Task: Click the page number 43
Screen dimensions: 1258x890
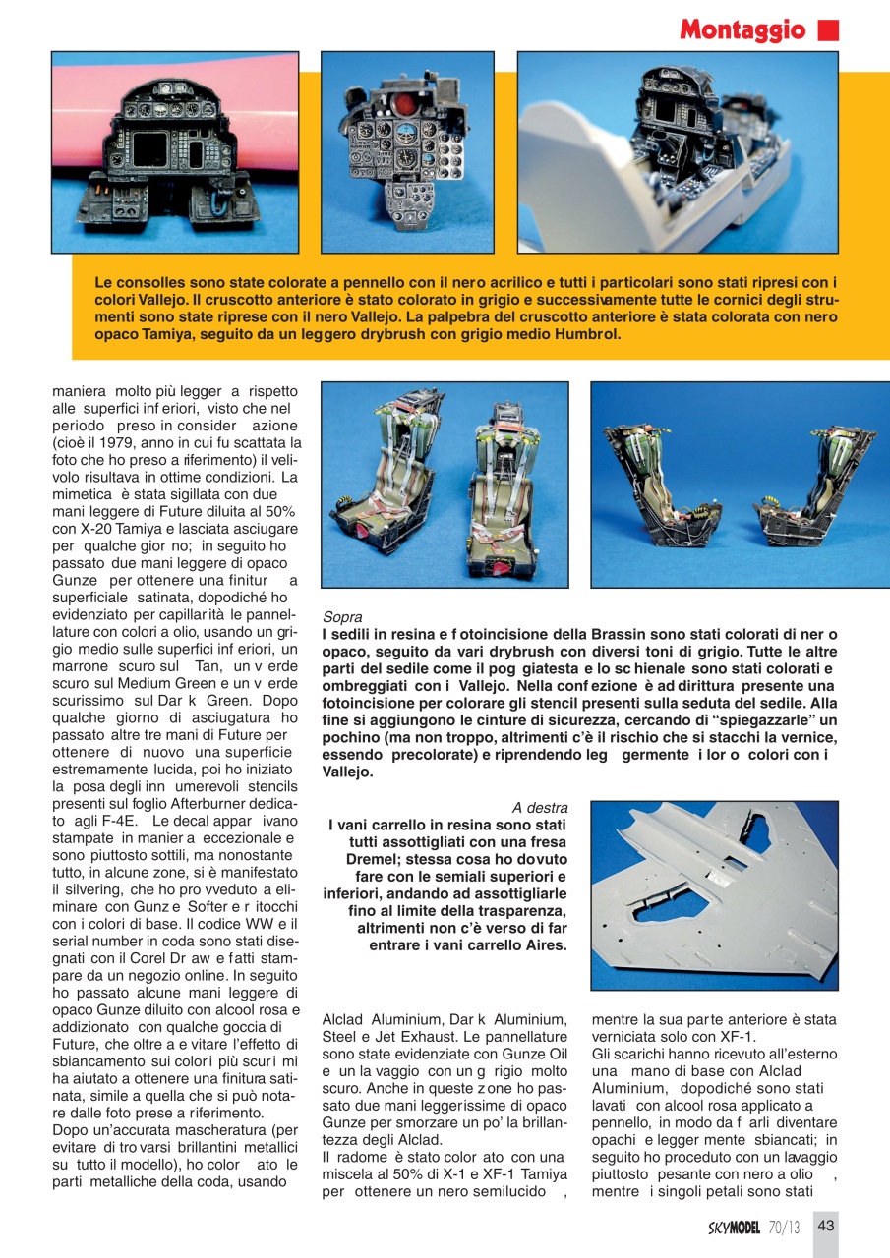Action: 826,1226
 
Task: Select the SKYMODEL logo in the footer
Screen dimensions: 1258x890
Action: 735,1227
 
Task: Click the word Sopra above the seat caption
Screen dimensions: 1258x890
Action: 342,617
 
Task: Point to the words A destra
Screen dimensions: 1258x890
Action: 540,807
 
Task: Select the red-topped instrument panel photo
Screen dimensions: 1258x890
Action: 407,152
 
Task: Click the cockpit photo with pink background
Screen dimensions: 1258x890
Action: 175,152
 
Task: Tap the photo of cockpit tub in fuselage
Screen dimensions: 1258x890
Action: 678,152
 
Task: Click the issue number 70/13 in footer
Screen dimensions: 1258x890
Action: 785,1227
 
